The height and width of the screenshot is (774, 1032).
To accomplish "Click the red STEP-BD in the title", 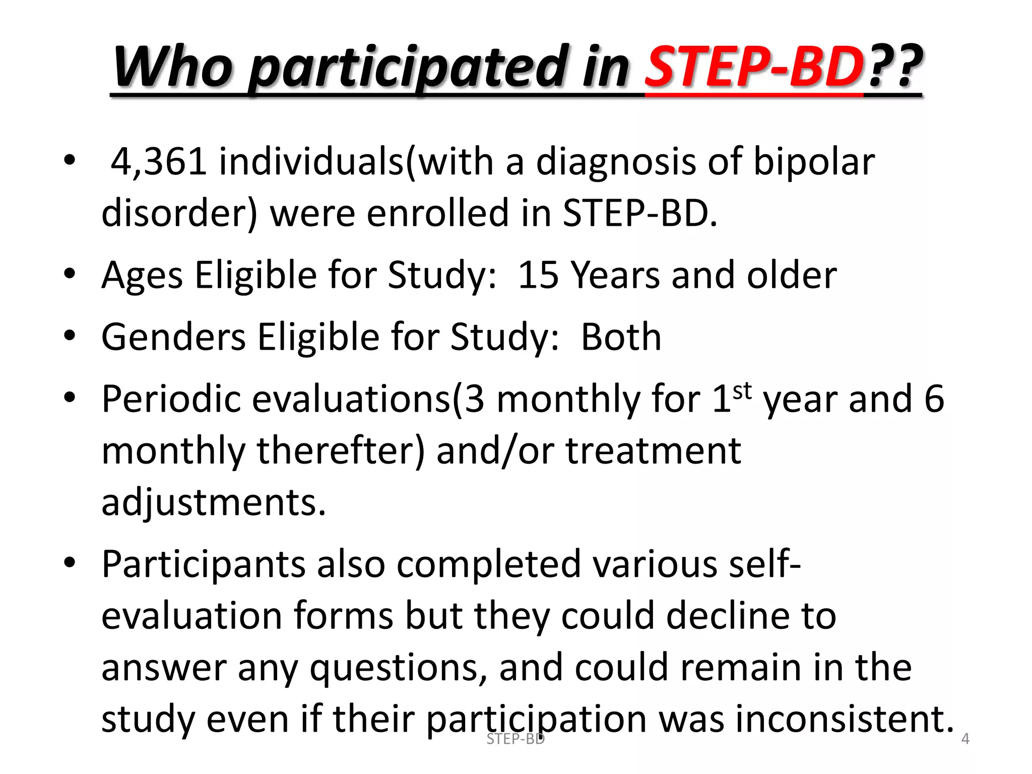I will [754, 67].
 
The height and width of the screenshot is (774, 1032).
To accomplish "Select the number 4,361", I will [159, 162].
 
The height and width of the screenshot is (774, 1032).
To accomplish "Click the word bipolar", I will [814, 162].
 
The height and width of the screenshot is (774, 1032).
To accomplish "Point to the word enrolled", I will [437, 213].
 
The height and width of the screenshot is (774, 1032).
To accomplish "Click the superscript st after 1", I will [742, 391].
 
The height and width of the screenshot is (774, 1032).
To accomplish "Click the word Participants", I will [204, 564].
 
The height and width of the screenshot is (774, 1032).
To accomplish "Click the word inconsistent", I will [845, 719].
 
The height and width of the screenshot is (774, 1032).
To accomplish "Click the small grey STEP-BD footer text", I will [515, 739].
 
